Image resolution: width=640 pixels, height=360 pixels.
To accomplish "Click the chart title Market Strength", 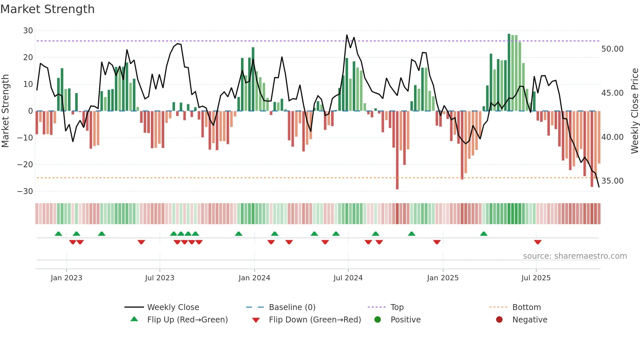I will point(47,9).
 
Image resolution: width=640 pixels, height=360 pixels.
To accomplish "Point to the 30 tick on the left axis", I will point(28,31).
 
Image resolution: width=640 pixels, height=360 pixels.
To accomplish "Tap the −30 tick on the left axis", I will point(25,191).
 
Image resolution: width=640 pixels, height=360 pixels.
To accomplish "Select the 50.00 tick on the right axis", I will point(612,49).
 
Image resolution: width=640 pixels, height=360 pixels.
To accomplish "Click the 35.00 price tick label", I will point(612,181).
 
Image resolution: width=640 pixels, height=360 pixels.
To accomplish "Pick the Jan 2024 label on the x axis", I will point(254,278).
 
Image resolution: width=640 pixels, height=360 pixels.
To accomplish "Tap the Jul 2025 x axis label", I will point(536,278).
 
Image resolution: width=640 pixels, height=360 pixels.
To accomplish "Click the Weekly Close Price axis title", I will point(634,111).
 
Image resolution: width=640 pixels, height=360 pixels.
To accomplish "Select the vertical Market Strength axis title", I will point(5,111).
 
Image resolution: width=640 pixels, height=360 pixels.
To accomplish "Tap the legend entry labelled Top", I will point(397,307).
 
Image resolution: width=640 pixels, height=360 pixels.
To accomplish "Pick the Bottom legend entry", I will point(526,307).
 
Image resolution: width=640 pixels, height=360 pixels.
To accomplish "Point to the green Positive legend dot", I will point(378,320).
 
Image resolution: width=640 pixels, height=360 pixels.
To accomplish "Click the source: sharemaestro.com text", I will point(575,256).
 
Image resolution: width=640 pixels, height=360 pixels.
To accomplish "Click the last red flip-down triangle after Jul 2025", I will point(538,242).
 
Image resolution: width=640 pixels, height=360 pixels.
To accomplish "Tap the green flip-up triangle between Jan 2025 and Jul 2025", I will point(484,234).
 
